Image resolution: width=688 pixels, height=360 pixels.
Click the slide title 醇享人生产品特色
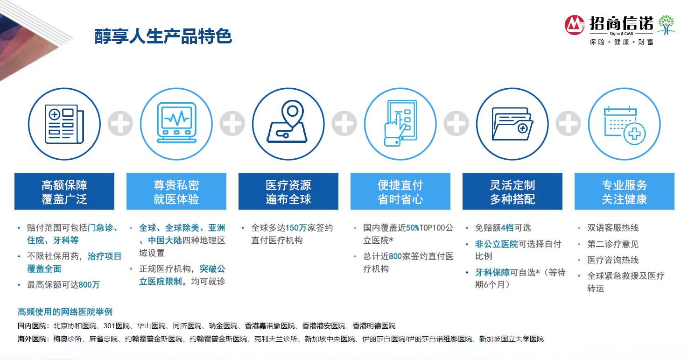163,36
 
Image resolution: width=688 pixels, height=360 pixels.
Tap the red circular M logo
575,25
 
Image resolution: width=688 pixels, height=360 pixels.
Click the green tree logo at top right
666,24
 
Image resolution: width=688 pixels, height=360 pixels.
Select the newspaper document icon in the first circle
64,124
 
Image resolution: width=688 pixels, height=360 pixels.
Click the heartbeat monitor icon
176,122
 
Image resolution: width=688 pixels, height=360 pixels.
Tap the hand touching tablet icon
400,123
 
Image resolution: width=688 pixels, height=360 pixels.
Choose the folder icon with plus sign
512,124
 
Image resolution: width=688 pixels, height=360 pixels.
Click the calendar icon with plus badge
625,125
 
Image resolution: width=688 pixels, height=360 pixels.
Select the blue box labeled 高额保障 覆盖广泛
64,191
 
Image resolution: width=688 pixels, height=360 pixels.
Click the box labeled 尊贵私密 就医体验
176,191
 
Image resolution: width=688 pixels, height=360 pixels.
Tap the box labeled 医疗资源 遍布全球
288,191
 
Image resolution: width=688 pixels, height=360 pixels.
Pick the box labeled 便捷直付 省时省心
400,191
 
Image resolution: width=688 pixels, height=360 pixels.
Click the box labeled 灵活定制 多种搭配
512,191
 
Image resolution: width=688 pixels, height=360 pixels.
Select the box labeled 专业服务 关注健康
625,191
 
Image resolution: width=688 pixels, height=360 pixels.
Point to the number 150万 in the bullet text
296,227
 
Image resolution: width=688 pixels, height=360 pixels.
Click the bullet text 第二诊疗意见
613,244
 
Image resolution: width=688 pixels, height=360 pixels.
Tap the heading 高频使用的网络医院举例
65,312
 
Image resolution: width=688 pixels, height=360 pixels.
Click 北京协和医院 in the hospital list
75,325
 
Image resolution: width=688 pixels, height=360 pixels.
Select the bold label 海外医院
32,339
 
